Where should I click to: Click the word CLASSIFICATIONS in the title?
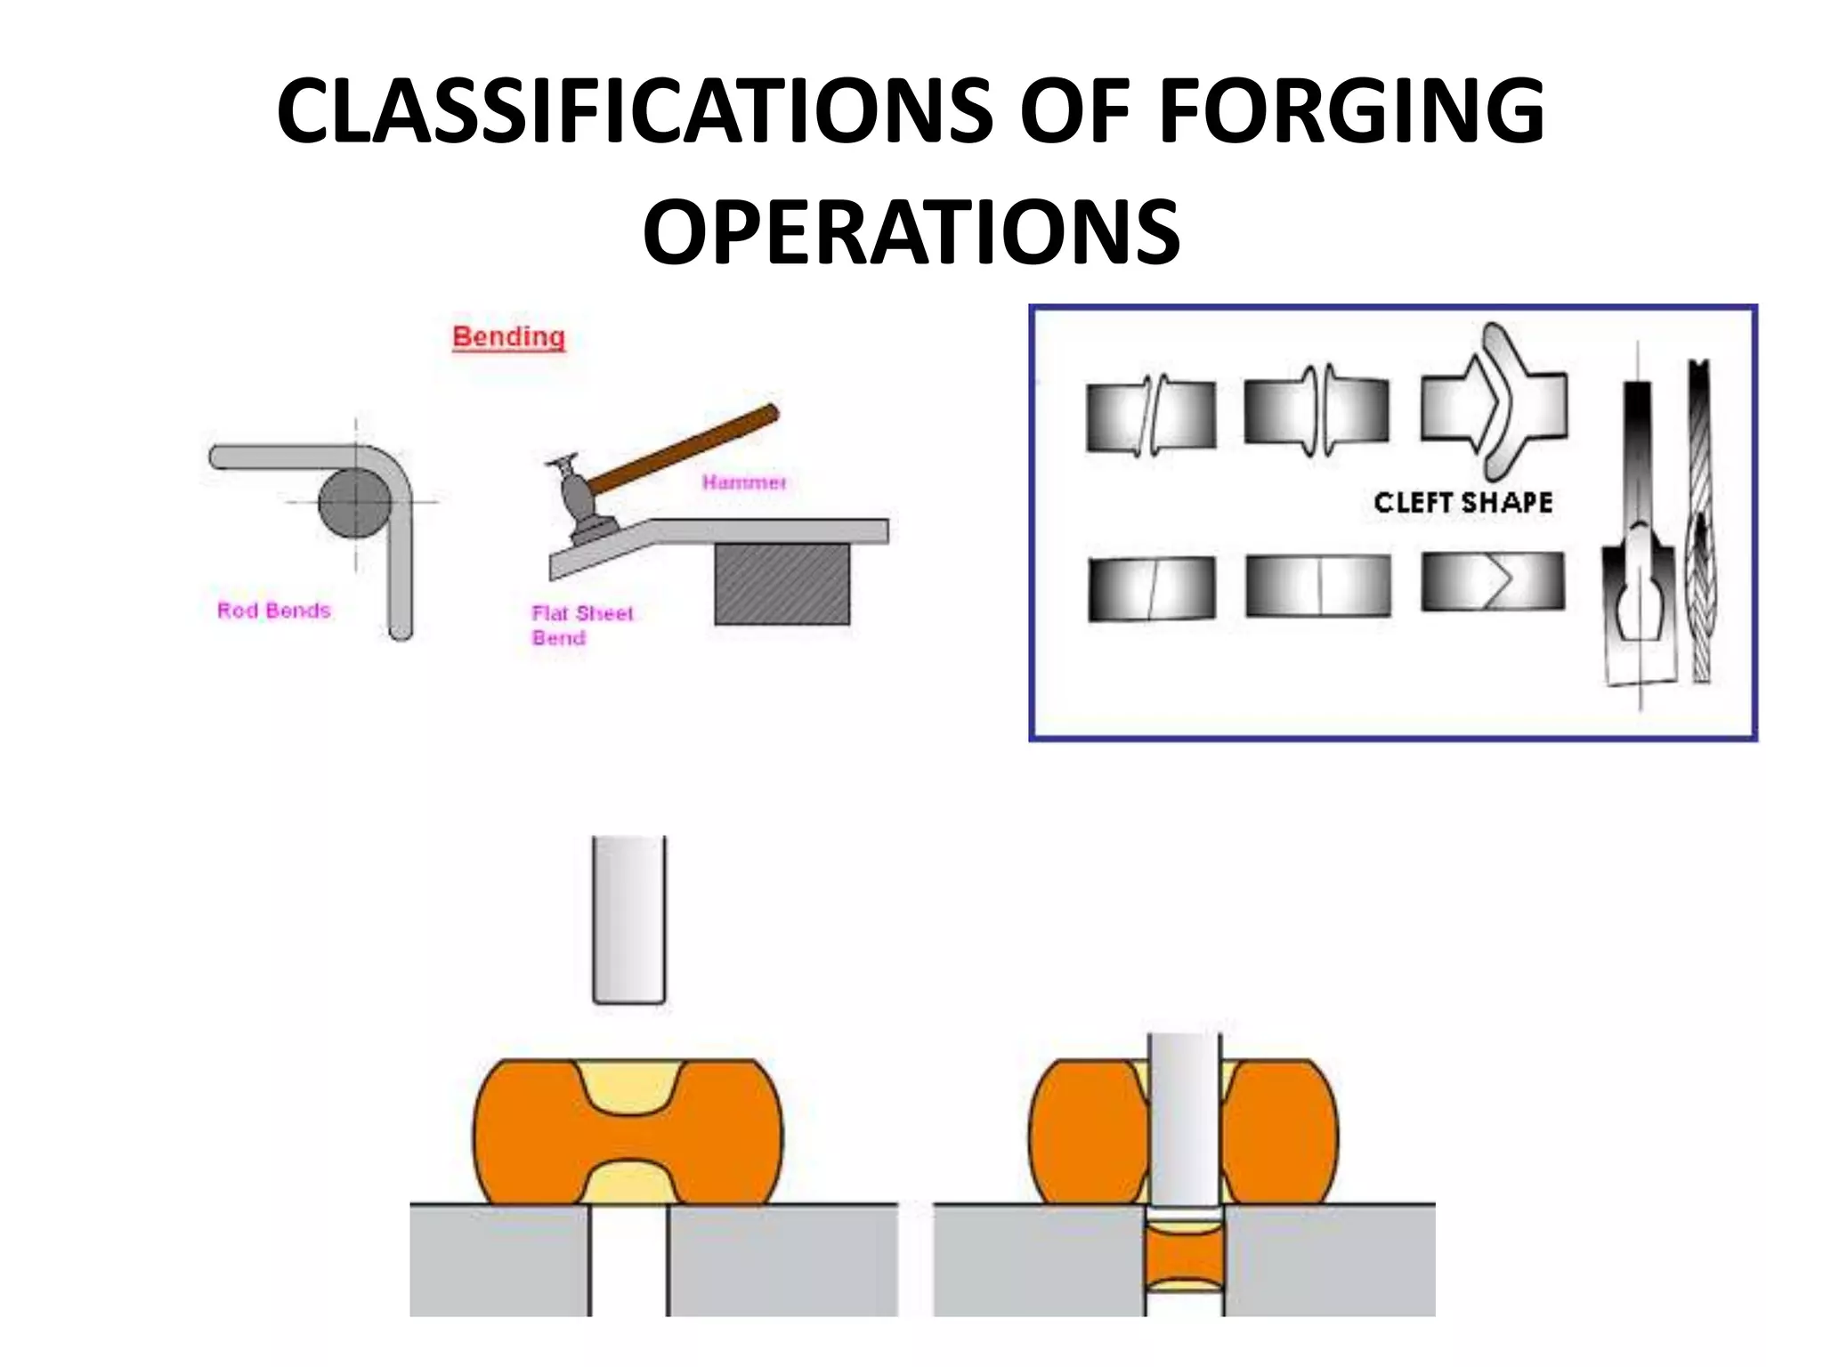pyautogui.click(x=634, y=111)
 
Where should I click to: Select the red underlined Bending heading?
pyautogui.click(x=508, y=337)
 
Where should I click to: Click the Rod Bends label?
pyautogui.click(x=273, y=611)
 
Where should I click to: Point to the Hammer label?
pyautogui.click(x=744, y=482)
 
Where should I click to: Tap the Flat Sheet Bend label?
pyautogui.click(x=580, y=625)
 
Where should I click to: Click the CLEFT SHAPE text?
pyautogui.click(x=1462, y=503)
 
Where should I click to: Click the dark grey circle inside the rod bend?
pyautogui.click(x=354, y=503)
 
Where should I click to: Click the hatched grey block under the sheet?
pyautogui.click(x=782, y=585)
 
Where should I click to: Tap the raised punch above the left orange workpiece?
pyautogui.click(x=628, y=918)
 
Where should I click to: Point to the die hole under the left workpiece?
pyautogui.click(x=628, y=1259)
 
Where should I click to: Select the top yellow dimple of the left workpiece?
pyautogui.click(x=628, y=1084)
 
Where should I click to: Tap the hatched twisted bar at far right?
pyautogui.click(x=1700, y=525)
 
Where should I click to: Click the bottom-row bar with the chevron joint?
pyautogui.click(x=1492, y=581)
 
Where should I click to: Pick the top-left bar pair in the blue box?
pyautogui.click(x=1150, y=416)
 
